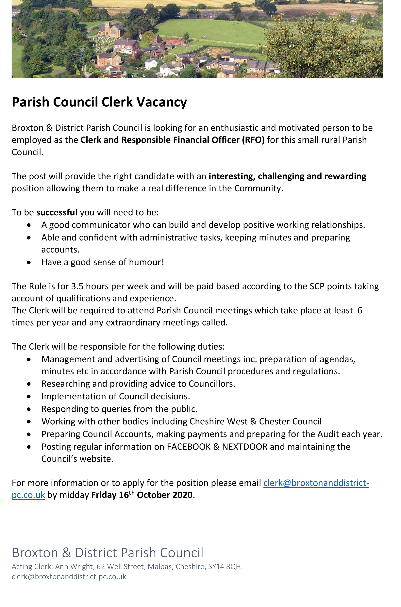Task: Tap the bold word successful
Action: [x=57, y=212]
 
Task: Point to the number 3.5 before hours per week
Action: [x=77, y=286]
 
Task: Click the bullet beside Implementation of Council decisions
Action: [x=29, y=396]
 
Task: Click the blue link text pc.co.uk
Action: [x=28, y=495]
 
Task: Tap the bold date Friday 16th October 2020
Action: [x=142, y=495]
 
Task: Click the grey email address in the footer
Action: [x=69, y=577]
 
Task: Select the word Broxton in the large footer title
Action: [x=35, y=553]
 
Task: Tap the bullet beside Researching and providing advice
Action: [x=29, y=384]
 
